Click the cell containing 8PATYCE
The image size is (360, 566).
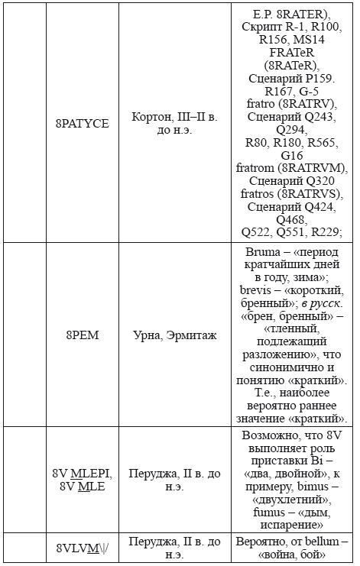pos(82,122)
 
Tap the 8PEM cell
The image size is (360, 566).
pos(82,335)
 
